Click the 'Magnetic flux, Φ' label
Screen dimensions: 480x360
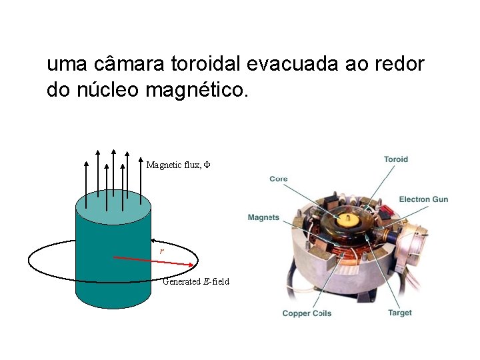(x=178, y=165)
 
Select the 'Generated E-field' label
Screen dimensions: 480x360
(x=196, y=281)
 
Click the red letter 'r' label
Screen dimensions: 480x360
(x=161, y=251)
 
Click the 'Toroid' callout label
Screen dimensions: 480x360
(x=396, y=159)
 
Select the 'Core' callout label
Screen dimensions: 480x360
(x=279, y=179)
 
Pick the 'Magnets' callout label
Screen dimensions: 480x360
(x=263, y=217)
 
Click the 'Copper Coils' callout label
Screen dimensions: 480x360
(x=307, y=313)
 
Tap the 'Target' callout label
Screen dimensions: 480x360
(x=400, y=313)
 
